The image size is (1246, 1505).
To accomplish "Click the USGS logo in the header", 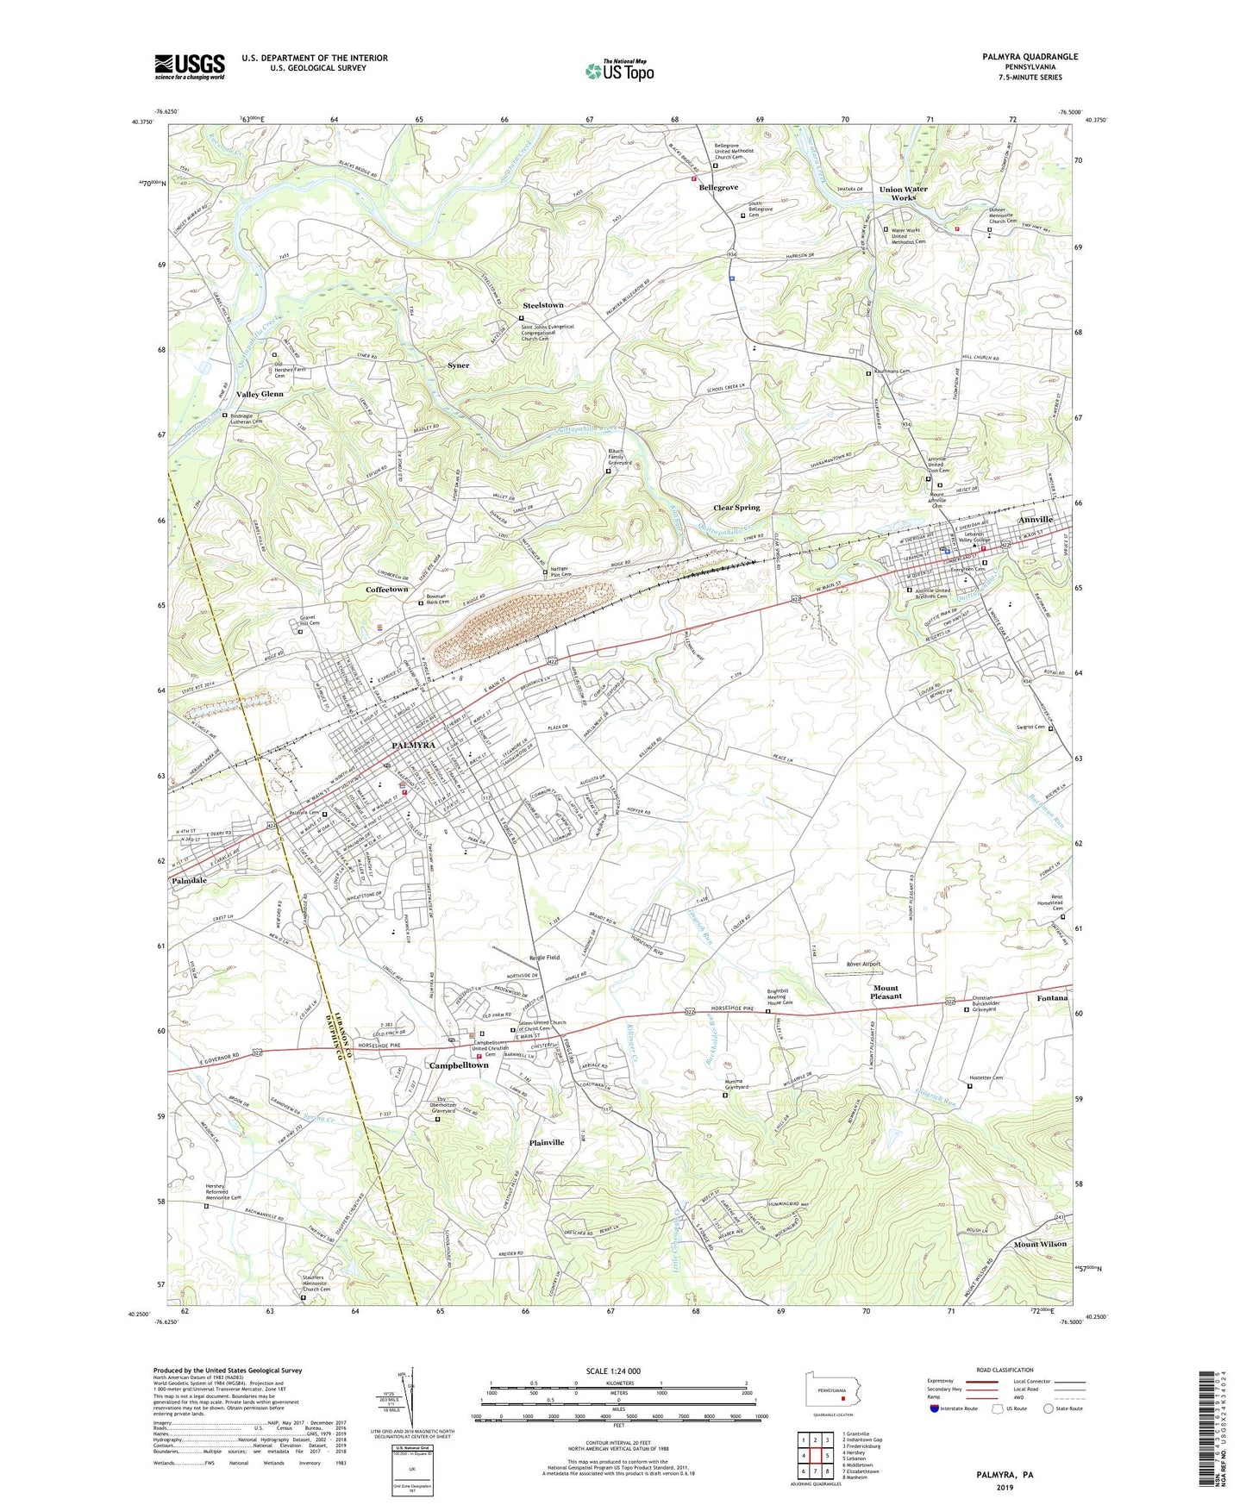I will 190,66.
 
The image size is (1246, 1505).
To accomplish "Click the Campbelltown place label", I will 459,1065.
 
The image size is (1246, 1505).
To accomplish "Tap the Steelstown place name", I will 542,305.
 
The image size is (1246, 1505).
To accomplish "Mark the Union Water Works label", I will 903,193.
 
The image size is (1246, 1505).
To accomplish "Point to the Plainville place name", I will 546,1142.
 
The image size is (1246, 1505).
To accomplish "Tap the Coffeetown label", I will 386,589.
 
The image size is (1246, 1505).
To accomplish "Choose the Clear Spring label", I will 736,508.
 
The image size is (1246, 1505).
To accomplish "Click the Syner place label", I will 459,365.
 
